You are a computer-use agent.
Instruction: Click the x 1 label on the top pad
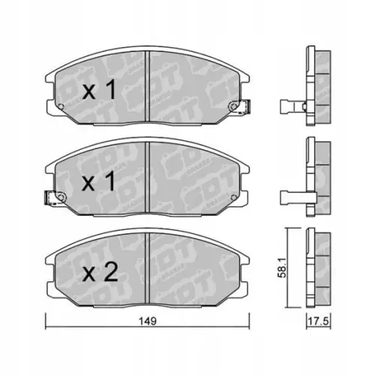pos(98,91)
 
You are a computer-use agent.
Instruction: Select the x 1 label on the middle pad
pos(98,181)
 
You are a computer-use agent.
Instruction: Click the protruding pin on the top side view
pos(289,106)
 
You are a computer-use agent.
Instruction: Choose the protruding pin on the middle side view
pos(289,197)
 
